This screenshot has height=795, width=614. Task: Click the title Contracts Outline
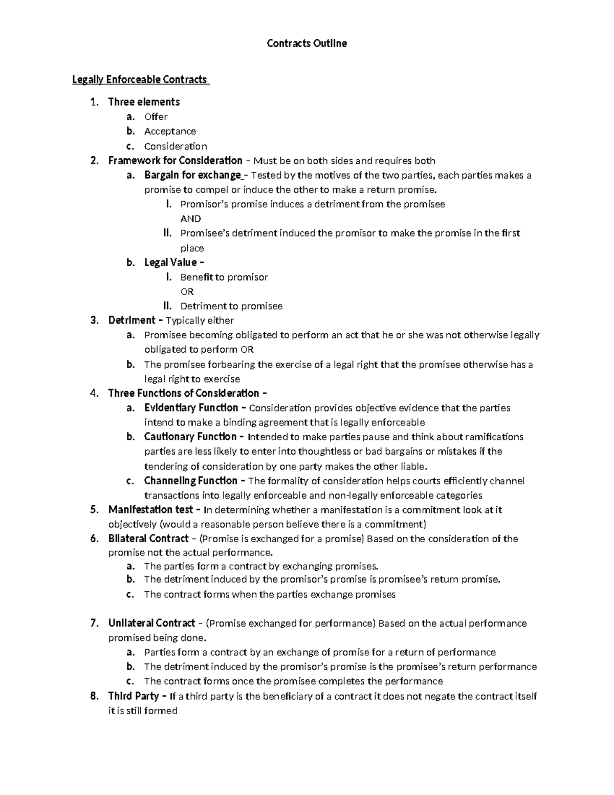pyautogui.click(x=306, y=44)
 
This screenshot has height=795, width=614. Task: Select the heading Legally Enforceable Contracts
pyautogui.click(x=140, y=79)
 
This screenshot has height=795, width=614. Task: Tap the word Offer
pyautogui.click(x=156, y=117)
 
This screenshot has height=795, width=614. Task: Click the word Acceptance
pyautogui.click(x=170, y=131)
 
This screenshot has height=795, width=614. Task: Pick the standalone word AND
pyautogui.click(x=190, y=219)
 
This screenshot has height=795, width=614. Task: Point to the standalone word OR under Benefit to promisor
pyautogui.click(x=187, y=292)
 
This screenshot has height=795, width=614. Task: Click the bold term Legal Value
pyautogui.click(x=171, y=263)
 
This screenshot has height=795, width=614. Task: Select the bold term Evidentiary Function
pyautogui.click(x=191, y=408)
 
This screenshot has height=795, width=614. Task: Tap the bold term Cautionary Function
pyautogui.click(x=190, y=437)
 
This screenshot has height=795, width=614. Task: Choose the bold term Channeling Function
pyautogui.click(x=191, y=481)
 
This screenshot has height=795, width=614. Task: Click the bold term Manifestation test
pyautogui.click(x=150, y=510)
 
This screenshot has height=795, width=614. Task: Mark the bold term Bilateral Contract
pyautogui.click(x=148, y=539)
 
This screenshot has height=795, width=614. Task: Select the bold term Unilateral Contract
pyautogui.click(x=151, y=623)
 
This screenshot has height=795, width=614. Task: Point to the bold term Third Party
pyautogui.click(x=134, y=696)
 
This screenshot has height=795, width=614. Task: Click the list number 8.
pyautogui.click(x=93, y=696)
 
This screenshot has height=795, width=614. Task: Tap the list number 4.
pyautogui.click(x=93, y=393)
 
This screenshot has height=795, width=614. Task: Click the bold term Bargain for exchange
pyautogui.click(x=192, y=176)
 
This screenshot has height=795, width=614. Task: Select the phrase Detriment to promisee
pyautogui.click(x=231, y=306)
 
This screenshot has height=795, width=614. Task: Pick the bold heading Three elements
pyautogui.click(x=144, y=102)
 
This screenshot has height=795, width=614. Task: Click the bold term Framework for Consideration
pyautogui.click(x=175, y=161)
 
